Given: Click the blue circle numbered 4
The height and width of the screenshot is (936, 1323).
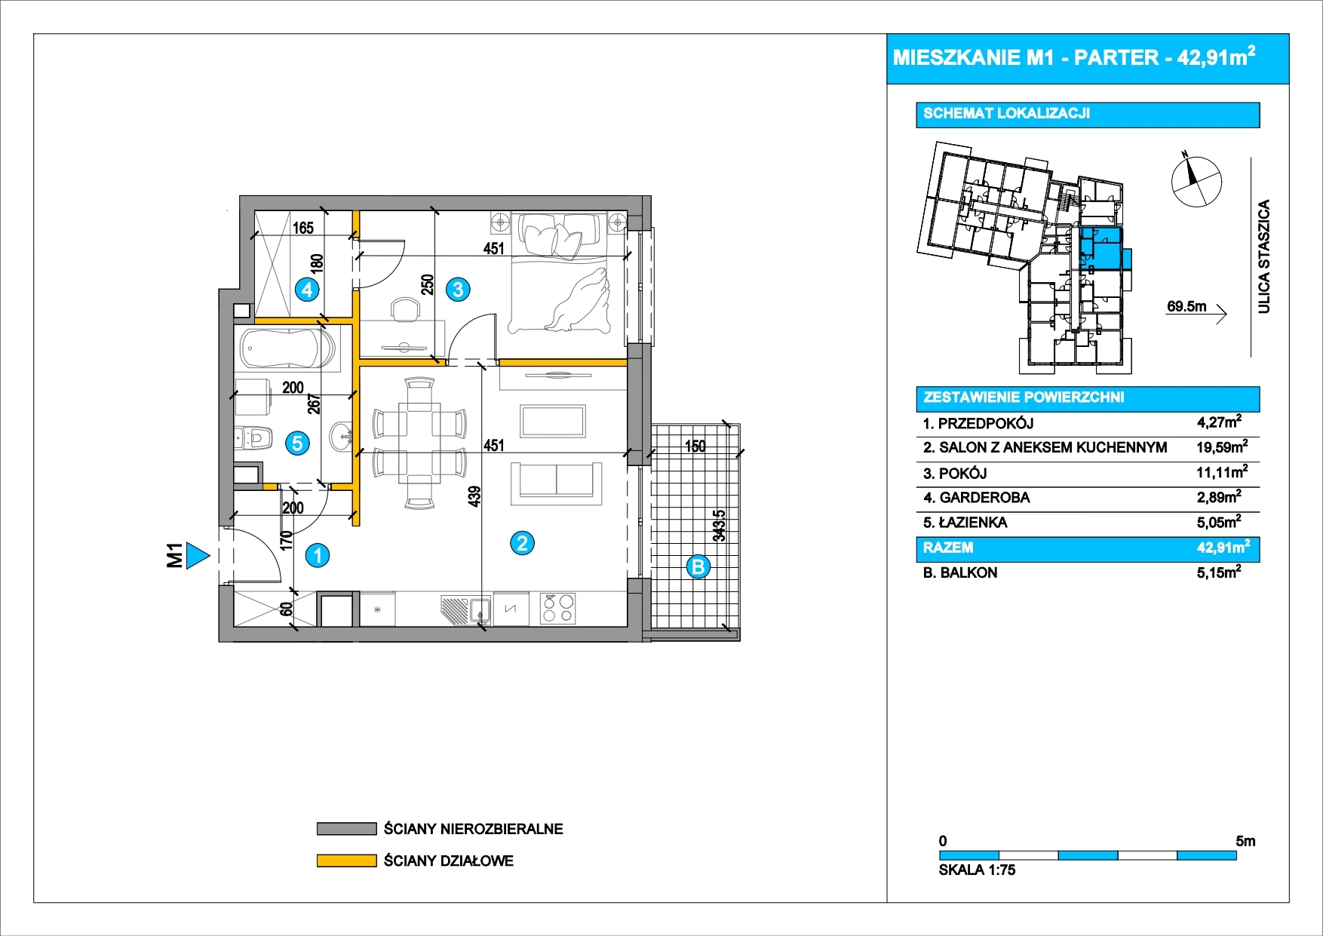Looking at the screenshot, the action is coord(307,290).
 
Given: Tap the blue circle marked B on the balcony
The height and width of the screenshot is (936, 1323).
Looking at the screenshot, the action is coord(698,566).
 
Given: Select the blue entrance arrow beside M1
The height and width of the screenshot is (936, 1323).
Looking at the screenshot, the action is coord(198,556).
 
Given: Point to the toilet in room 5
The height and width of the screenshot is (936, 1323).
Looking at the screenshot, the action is coord(253,437).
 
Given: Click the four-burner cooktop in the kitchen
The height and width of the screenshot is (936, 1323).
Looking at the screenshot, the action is coord(557,609).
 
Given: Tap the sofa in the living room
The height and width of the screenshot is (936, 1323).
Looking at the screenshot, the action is coord(557,483).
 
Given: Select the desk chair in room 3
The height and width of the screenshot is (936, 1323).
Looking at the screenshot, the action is coord(406,309).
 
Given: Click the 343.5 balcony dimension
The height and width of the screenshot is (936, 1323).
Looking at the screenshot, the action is coord(720,526).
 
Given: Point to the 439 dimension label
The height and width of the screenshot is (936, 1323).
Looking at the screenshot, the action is coord(474,496).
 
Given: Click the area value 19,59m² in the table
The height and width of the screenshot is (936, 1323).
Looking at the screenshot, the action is coord(1222,447).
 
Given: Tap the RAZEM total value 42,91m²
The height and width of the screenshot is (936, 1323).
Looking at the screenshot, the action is coord(1223,547).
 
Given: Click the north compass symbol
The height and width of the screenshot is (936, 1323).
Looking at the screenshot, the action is coord(1196,181).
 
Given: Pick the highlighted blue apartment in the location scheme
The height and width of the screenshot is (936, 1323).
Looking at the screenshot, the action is coord(1100,248).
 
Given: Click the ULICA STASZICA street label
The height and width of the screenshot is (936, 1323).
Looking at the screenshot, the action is coord(1264,256).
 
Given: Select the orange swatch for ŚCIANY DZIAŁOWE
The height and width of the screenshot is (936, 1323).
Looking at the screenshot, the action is coord(346,861).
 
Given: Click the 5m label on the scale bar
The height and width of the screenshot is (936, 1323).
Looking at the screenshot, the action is coord(1245,841).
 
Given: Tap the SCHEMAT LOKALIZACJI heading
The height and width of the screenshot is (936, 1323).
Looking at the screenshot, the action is coord(1006,114).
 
